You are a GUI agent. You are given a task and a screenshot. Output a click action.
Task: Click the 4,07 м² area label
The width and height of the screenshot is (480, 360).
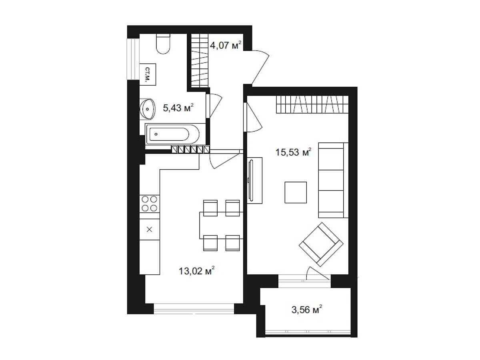[226, 45]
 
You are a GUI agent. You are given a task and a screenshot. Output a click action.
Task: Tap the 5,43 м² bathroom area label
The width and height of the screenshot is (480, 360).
[178, 108]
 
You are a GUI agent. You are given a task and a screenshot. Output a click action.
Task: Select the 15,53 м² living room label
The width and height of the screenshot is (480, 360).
[293, 152]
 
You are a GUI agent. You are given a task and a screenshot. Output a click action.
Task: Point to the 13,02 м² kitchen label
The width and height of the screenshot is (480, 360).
[196, 271]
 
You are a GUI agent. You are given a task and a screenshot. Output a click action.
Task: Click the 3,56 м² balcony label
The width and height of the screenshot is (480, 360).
[306, 310]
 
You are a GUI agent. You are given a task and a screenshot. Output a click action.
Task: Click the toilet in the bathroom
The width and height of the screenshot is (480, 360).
[163, 44]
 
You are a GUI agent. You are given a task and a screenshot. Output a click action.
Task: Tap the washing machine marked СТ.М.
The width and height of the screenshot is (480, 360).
[148, 74]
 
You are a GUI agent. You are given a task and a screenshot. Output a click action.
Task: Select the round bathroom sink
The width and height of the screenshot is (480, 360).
[147, 109]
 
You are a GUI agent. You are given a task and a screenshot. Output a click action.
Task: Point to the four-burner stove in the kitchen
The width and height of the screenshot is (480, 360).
[149, 204]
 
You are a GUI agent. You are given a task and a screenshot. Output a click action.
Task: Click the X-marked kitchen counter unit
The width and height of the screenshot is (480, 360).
[149, 229]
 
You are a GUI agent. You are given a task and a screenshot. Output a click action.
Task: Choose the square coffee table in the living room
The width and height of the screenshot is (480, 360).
[296, 192]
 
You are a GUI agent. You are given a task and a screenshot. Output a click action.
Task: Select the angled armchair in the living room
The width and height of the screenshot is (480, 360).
[321, 244]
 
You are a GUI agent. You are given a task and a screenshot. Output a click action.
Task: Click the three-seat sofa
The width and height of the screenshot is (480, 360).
[333, 180]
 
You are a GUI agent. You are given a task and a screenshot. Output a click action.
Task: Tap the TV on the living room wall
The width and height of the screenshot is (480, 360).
[251, 180]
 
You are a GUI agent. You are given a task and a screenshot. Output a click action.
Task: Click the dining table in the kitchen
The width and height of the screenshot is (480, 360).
[221, 225]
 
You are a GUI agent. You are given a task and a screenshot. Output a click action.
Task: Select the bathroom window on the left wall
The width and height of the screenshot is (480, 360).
[133, 59]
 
